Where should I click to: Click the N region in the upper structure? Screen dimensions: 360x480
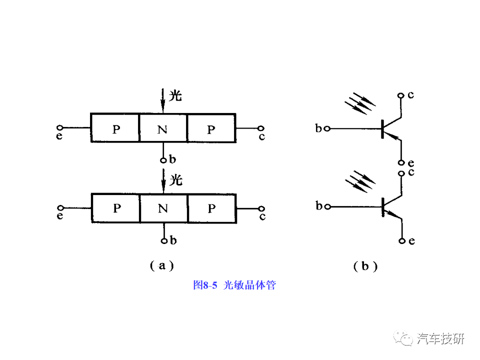pos(162,128)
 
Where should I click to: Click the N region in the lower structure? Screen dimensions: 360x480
pos(163,208)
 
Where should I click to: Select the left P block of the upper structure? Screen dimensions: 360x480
pos(115,128)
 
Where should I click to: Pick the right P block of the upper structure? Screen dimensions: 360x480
pos(210,128)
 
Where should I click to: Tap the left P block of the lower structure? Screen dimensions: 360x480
pos(116,208)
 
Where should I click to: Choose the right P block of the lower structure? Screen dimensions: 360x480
pos(211,208)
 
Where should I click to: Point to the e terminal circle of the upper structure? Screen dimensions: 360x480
pos(60,128)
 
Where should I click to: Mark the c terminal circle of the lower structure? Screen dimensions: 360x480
pos(261,208)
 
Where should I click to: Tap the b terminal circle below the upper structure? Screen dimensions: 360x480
pos(163,160)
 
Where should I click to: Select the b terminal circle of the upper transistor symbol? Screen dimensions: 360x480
pos(326,128)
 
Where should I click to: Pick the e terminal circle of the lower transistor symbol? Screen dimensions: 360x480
pos(402,241)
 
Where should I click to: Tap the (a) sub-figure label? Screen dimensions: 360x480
pos(161,265)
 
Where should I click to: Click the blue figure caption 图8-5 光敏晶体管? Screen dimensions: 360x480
pos(234,285)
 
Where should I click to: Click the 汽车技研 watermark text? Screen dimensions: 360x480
pos(440,338)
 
